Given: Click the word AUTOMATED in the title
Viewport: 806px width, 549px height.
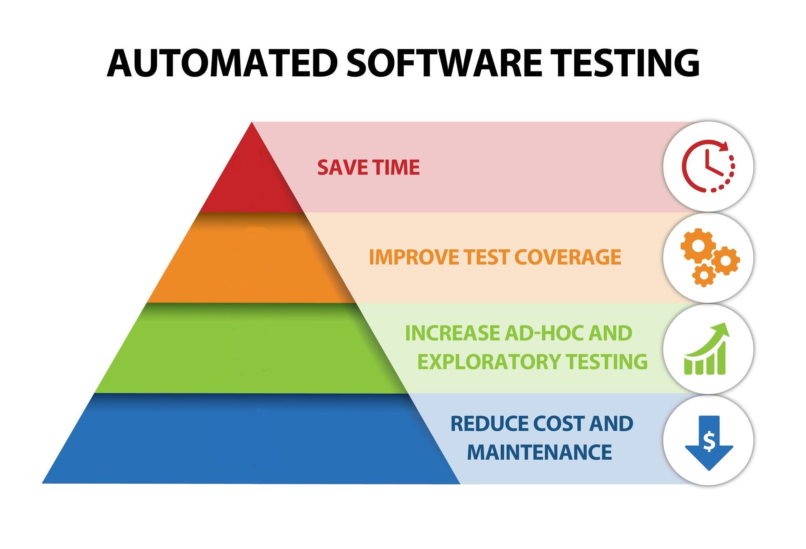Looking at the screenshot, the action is [222, 63].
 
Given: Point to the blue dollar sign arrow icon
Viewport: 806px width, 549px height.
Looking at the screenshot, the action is [709, 443].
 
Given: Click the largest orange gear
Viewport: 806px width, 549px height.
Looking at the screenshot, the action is [698, 246].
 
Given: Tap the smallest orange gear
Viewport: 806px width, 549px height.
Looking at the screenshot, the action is [703, 275].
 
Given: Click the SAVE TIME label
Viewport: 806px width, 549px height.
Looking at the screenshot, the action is [368, 167].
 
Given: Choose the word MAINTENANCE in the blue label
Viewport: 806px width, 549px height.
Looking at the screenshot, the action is [539, 452].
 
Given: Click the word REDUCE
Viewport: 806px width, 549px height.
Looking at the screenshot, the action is [489, 424].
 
